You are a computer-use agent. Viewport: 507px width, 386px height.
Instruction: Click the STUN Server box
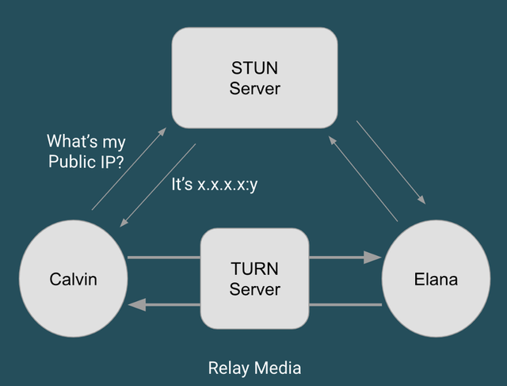254,78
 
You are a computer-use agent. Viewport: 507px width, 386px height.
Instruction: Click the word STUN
254,67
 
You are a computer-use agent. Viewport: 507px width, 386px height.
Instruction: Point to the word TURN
254,269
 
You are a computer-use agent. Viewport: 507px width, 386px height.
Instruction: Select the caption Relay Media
254,368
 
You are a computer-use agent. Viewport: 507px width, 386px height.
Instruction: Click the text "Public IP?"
86,162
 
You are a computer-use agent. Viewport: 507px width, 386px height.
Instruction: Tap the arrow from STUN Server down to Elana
391,162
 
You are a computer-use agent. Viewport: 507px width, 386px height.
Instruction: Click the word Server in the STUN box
254,88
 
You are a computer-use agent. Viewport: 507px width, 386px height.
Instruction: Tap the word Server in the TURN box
254,290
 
